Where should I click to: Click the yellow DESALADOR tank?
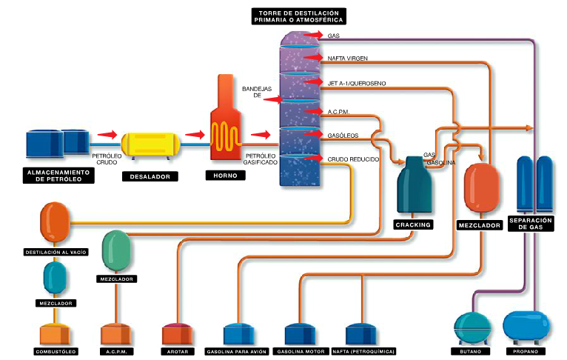pyautogui.click(x=151, y=144)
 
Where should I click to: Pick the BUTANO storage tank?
pyautogui.click(x=472, y=327)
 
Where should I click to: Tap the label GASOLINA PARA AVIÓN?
pyautogui.click(x=235, y=351)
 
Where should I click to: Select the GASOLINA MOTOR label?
pyautogui.click(x=300, y=351)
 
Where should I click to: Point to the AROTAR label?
pyautogui.click(x=175, y=351)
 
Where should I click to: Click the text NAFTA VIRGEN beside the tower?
pyautogui.click(x=347, y=58)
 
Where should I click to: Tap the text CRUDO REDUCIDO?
pyautogui.click(x=352, y=159)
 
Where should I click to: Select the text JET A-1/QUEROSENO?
pyautogui.click(x=356, y=83)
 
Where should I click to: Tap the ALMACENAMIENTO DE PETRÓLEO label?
pyautogui.click(x=56, y=176)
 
